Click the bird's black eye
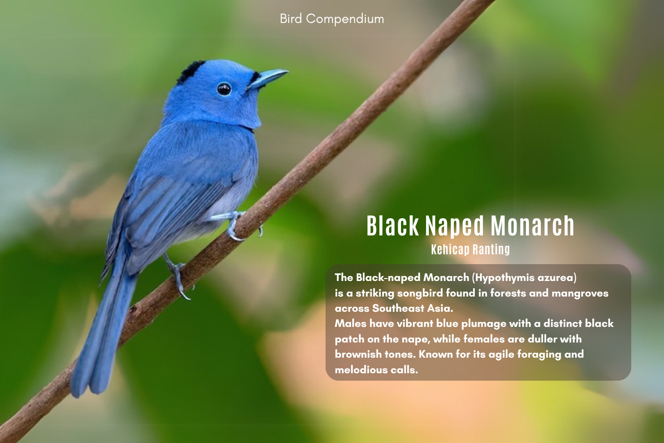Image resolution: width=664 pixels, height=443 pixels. tap(224, 89)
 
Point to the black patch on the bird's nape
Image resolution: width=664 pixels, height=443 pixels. tap(190, 71)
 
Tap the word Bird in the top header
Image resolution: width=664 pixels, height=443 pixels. tap(291, 19)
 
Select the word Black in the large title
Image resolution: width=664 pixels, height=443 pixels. tap(392, 226)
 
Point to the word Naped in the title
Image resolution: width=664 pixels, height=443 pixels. tap(455, 226)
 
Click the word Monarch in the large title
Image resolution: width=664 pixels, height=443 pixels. tap(533, 226)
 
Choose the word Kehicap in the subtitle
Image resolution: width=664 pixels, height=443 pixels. tap(450, 249)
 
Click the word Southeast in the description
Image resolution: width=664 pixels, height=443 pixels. tap(398, 308)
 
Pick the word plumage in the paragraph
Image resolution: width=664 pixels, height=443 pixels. tap(484, 324)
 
